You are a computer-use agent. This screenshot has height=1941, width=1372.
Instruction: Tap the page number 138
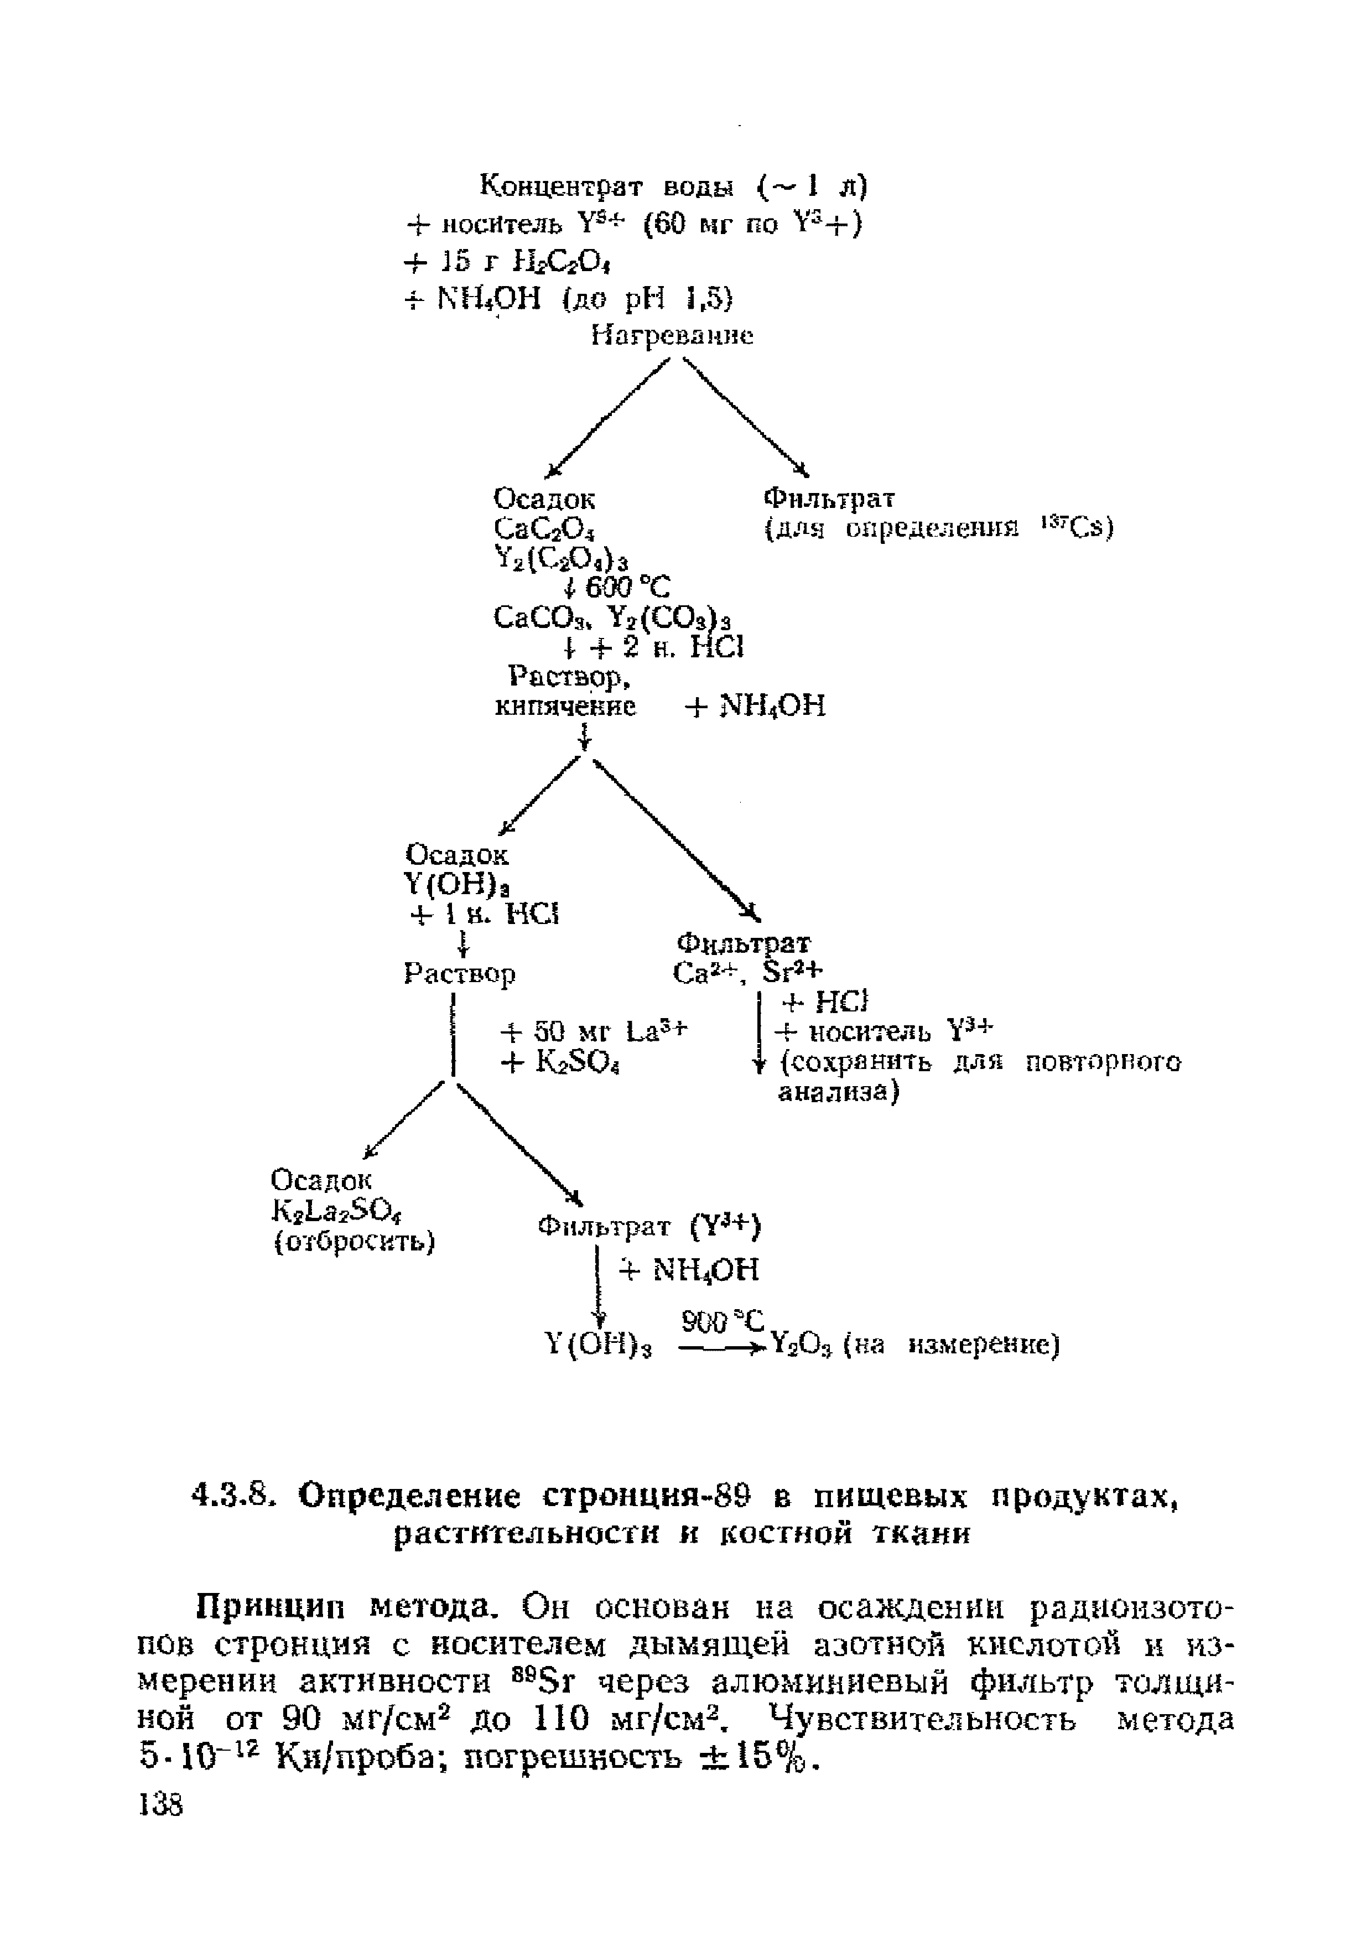point(160,1807)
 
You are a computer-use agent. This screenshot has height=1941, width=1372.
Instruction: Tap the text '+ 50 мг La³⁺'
point(594,1032)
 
